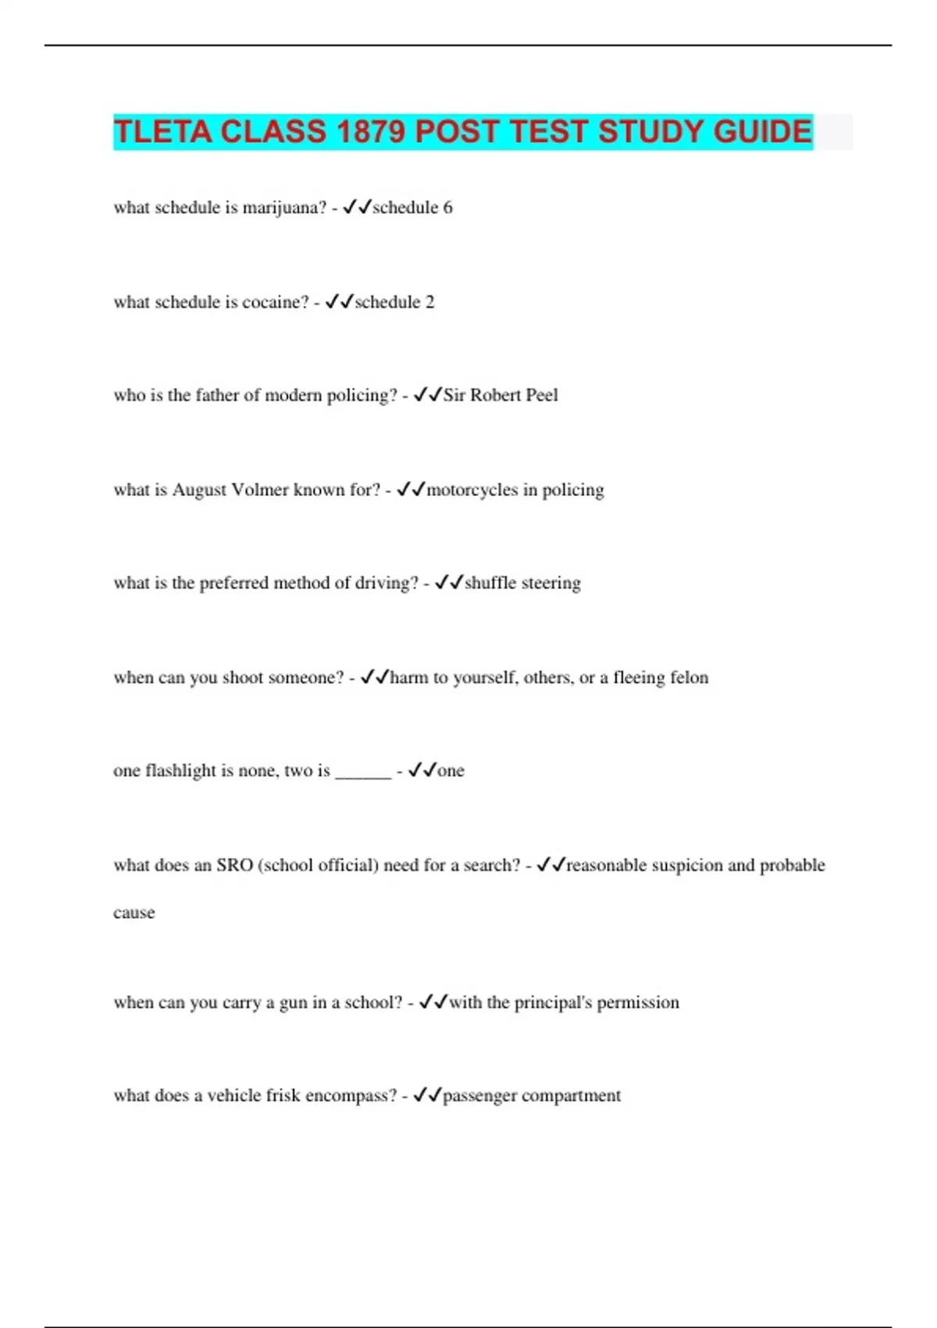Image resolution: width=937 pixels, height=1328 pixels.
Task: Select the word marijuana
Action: pyautogui.click(x=284, y=208)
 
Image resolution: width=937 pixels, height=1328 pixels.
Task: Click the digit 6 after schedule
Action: pyautogui.click(x=447, y=208)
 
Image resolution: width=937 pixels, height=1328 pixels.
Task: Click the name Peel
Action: pyautogui.click(x=542, y=395)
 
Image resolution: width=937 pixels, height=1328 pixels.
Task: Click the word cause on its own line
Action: pyautogui.click(x=134, y=913)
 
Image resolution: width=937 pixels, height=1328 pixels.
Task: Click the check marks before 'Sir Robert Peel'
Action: pyautogui.click(x=428, y=395)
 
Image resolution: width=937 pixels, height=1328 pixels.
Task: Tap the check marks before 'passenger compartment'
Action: pyautogui.click(x=428, y=1095)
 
